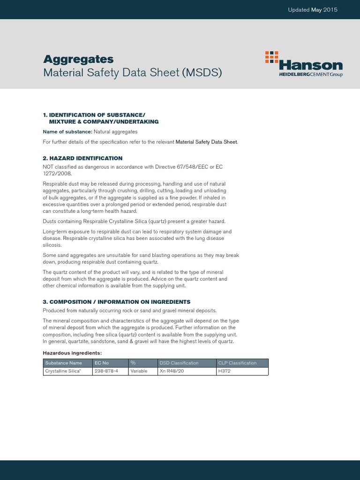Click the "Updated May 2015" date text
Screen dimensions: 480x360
313,10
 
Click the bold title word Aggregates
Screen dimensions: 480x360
78,60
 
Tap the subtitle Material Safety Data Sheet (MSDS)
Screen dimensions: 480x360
132,73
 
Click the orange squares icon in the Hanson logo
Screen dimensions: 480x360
271,57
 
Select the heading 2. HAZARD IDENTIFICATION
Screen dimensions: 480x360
82,158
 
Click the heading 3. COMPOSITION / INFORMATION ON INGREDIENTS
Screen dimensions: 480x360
117,302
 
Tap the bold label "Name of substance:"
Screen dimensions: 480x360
67,132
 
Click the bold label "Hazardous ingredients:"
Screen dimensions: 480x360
72,353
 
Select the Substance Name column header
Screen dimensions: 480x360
63,363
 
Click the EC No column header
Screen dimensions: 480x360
102,363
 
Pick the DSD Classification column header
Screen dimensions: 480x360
179,363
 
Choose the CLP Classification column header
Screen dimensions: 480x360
238,363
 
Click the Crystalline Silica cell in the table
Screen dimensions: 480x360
62,371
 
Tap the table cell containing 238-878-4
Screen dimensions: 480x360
106,371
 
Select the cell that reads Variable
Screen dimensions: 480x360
139,371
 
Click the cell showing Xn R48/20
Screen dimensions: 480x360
172,371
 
